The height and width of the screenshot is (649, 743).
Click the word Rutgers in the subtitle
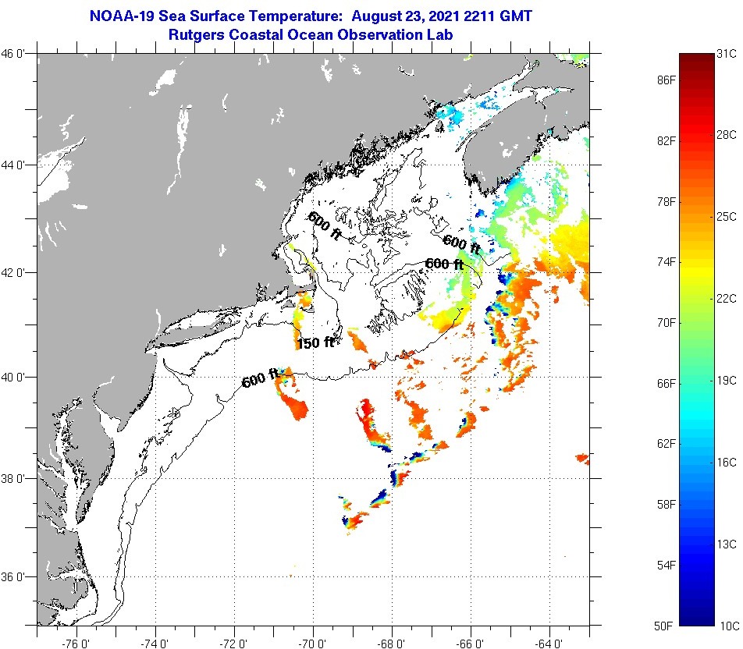coord(196,34)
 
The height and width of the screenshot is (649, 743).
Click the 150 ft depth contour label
coord(315,342)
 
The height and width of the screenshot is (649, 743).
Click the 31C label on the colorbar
coord(727,53)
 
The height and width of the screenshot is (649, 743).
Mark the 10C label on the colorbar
coord(727,626)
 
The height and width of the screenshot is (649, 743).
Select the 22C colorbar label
coord(727,299)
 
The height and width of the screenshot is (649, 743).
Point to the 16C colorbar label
coord(727,462)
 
